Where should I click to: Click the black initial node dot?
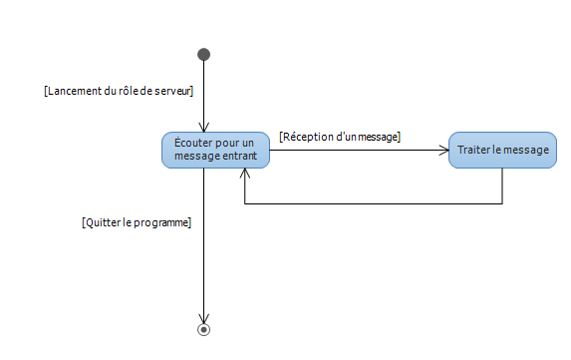click(x=203, y=54)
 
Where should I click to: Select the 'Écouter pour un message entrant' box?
click(x=214, y=150)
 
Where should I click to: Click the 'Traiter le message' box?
click(x=502, y=150)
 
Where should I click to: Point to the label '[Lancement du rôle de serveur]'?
click(x=119, y=91)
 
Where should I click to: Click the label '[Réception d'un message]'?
click(x=340, y=136)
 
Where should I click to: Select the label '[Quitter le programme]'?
click(x=136, y=222)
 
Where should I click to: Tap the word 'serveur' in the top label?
click(x=170, y=91)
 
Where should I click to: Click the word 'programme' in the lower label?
click(x=159, y=222)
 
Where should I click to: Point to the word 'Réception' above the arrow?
click(x=309, y=136)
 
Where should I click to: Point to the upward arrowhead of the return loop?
click(x=245, y=174)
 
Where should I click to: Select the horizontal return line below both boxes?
click(x=374, y=204)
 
